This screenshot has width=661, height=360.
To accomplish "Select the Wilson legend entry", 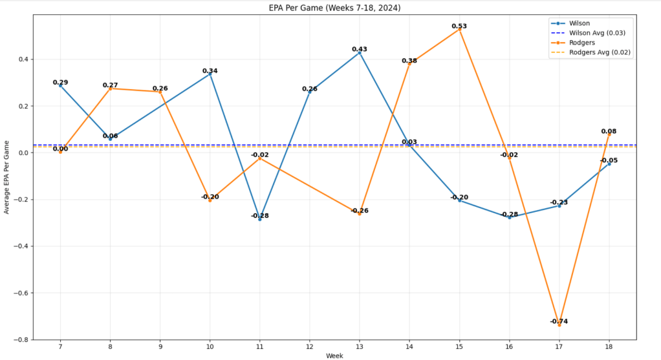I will [x=579, y=23].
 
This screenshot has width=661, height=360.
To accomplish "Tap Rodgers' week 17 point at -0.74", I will [x=559, y=325].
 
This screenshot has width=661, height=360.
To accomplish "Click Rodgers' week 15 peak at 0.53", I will [x=459, y=29].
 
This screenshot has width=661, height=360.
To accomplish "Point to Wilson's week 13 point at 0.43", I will [x=360, y=52].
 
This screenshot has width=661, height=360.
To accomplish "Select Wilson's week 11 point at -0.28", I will [x=260, y=219].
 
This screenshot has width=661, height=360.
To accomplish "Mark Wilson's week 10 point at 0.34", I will [x=210, y=74].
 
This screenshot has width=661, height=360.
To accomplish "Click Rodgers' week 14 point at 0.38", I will [x=409, y=64].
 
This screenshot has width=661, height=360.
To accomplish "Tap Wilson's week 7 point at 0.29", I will [x=61, y=85].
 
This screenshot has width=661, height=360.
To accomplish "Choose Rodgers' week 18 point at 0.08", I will [x=609, y=134].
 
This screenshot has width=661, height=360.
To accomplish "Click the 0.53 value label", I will [x=459, y=26].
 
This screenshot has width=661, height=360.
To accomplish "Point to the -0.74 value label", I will [x=559, y=321].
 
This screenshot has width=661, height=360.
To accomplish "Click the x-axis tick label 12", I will [x=310, y=347].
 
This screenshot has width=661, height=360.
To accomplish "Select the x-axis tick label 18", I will [x=609, y=347].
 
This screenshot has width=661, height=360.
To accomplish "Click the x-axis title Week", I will [x=334, y=355].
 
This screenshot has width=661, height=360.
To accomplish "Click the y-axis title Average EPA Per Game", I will [x=6, y=176].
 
